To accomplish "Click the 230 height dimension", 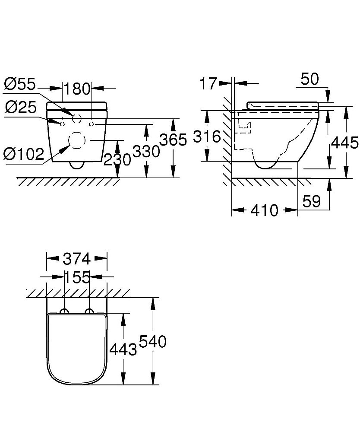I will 117,159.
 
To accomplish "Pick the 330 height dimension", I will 145,152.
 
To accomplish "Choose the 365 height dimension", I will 173,140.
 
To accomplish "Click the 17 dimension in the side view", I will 208,83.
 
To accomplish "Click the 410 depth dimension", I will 264,210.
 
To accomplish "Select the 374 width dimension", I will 76,259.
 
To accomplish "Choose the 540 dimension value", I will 152,342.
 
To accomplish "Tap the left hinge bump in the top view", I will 64,311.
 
